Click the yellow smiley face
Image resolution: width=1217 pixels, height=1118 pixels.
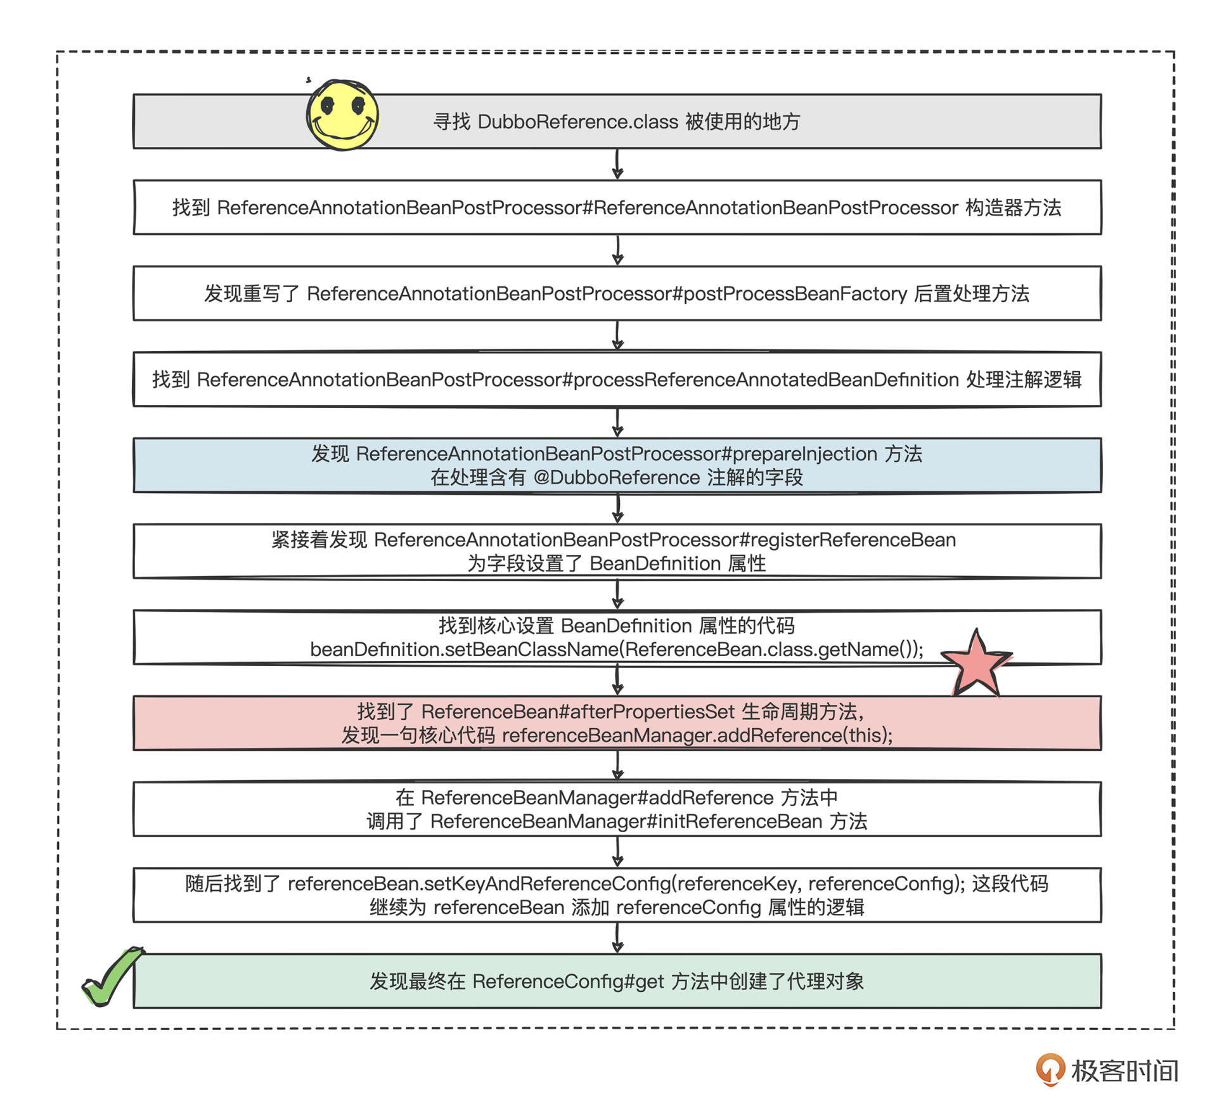[342, 115]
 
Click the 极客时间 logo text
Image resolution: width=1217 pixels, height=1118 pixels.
[1124, 1071]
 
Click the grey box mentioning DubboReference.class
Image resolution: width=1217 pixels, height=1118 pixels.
[697, 122]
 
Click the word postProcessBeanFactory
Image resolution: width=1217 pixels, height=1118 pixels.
[795, 294]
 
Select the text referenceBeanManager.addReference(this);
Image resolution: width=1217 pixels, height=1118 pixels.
[697, 736]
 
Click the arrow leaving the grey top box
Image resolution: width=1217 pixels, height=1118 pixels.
[618, 164]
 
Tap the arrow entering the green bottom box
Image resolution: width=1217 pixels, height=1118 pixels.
[618, 938]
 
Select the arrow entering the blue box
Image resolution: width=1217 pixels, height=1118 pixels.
[618, 422]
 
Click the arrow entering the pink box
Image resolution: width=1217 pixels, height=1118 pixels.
[618, 680]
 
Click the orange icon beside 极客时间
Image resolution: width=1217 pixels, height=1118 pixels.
[1050, 1070]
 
